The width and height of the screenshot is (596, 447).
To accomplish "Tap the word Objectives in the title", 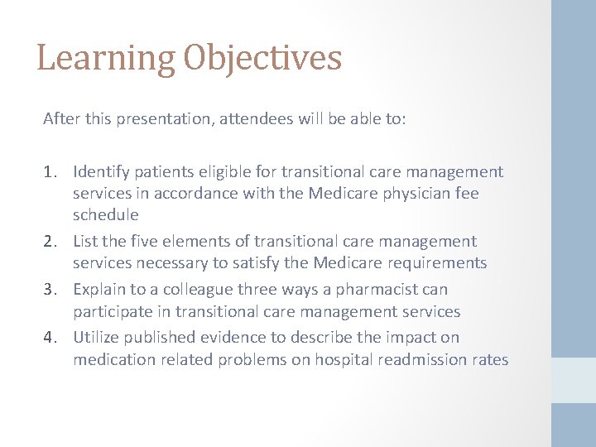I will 262,59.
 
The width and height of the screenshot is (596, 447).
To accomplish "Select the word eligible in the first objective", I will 221,172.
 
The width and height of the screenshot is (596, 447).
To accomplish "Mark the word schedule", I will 105,215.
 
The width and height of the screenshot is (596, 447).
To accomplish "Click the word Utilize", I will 96,338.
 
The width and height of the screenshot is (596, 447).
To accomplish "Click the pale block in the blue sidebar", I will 574,380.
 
